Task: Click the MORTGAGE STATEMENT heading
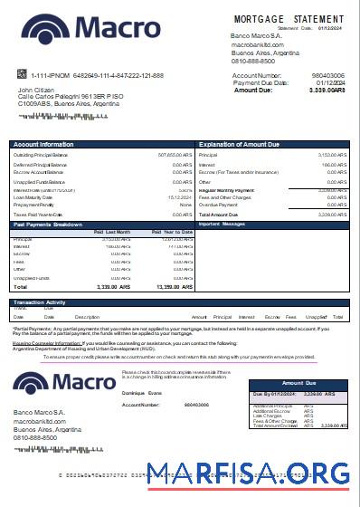coord(289,18)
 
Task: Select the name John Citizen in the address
coord(37,90)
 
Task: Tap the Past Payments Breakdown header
coord(50,224)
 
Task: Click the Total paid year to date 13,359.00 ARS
coord(174,286)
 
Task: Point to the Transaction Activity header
coord(41,302)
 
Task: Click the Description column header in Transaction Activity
coord(87,317)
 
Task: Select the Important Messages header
coord(222,224)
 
